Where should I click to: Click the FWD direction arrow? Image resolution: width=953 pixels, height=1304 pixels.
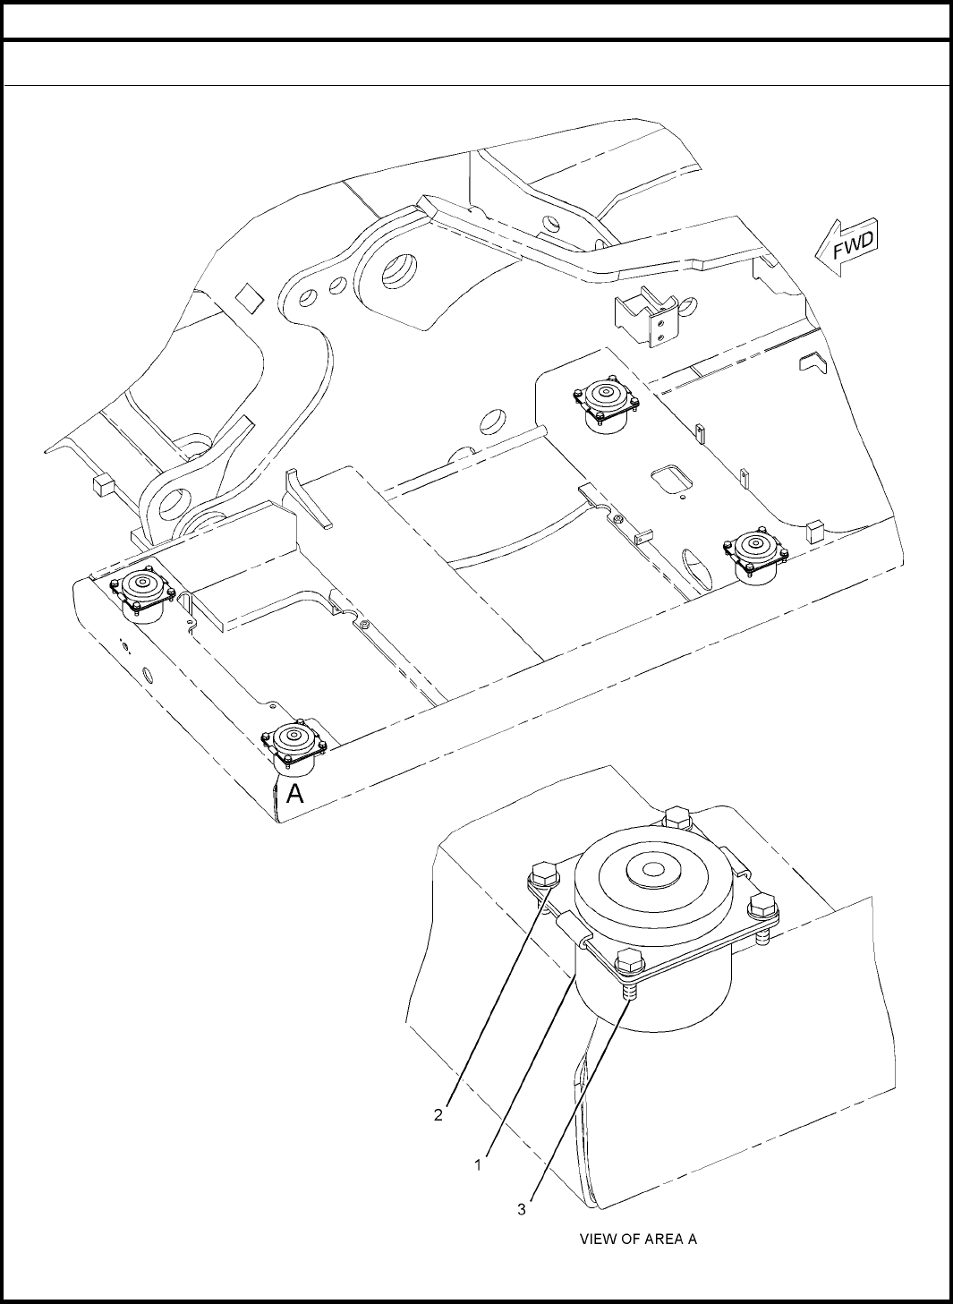[x=847, y=247]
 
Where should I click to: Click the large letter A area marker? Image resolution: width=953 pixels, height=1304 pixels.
[x=295, y=794]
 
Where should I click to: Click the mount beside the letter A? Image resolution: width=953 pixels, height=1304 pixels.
[x=294, y=748]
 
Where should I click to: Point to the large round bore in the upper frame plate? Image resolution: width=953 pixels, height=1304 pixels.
[x=400, y=270]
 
